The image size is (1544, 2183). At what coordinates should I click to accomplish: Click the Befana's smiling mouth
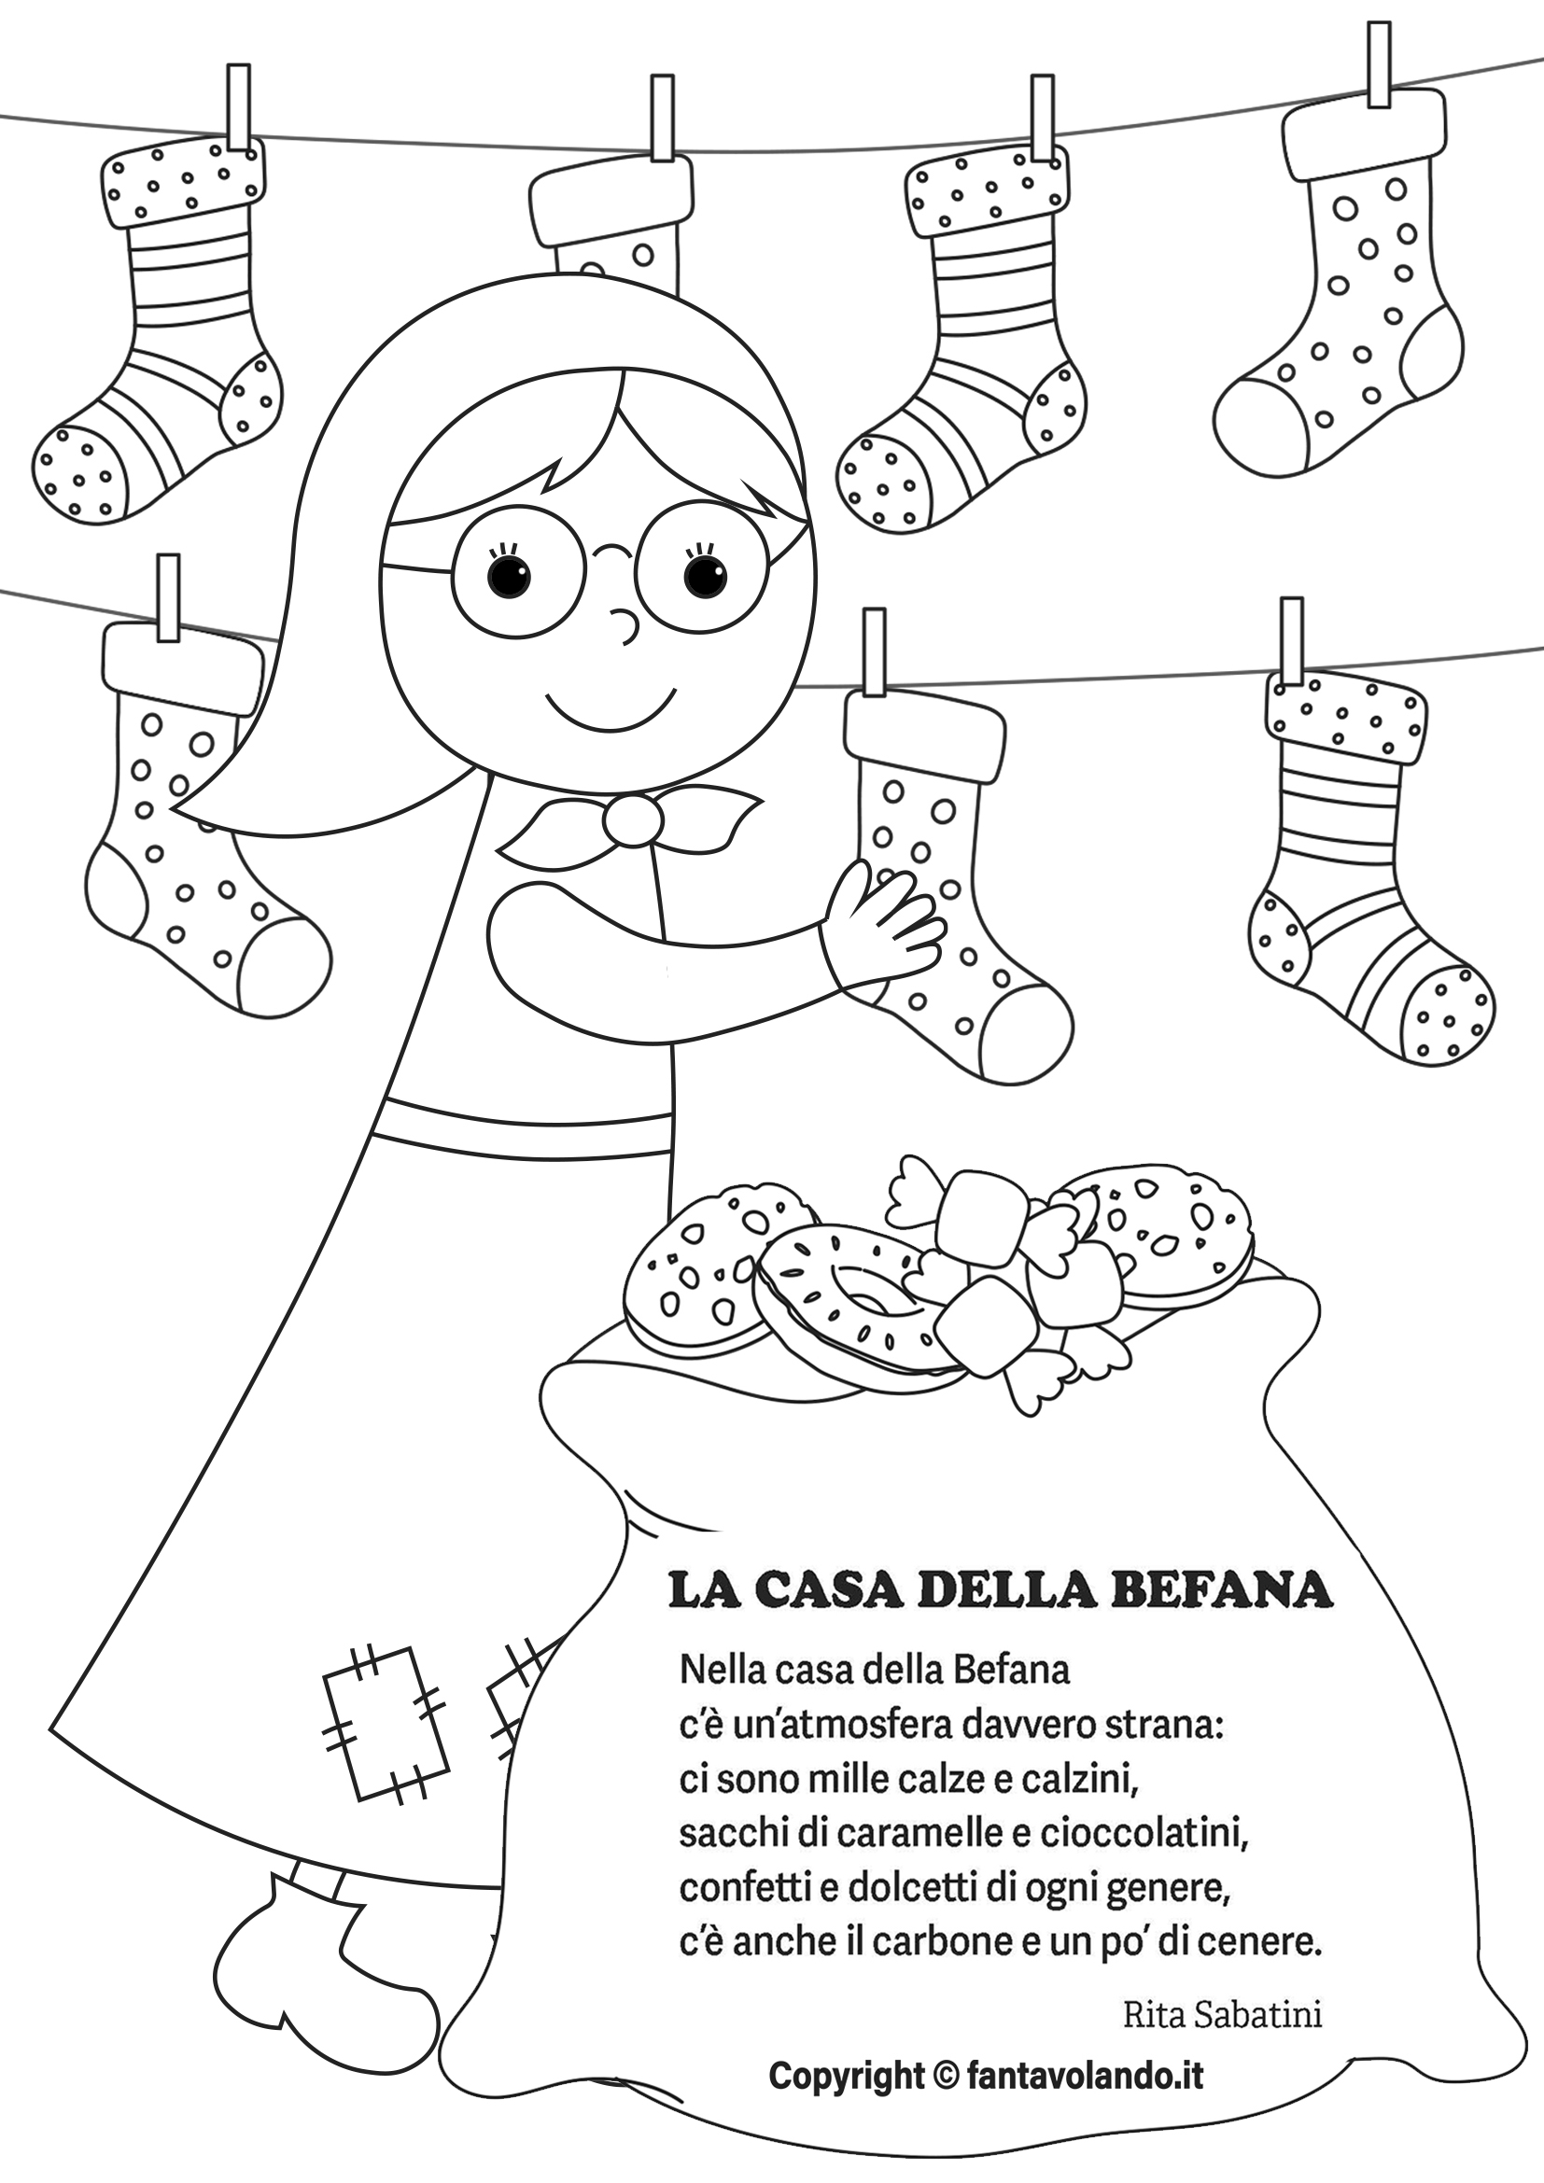coord(610,707)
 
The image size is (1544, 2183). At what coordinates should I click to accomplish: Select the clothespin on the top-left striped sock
coord(240,108)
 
